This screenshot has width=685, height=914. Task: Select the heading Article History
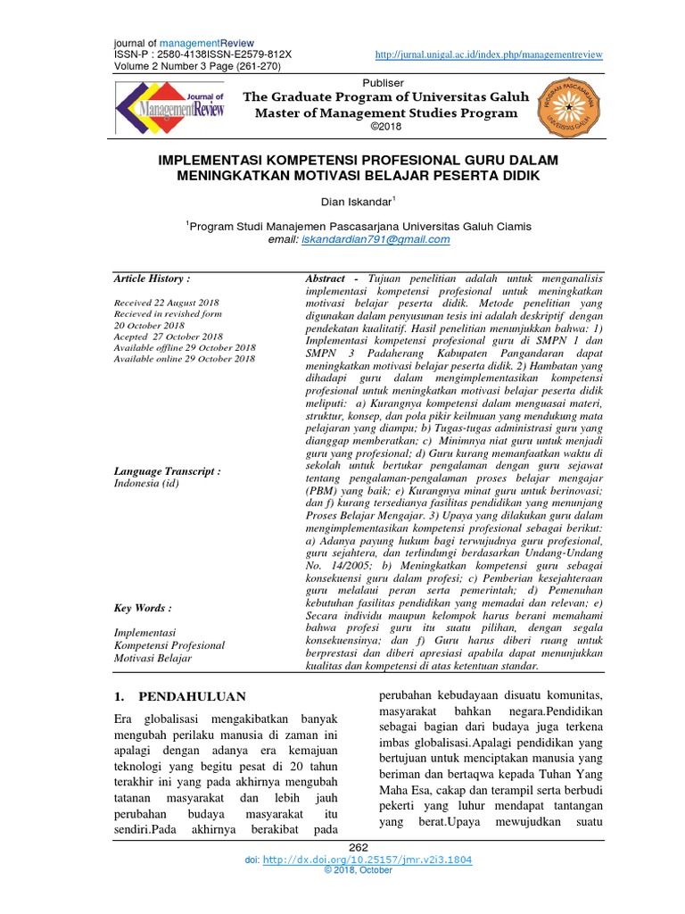(x=152, y=278)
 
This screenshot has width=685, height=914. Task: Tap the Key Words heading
(x=143, y=608)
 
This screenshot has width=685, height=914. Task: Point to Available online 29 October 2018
(x=185, y=358)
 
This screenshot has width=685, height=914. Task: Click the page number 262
(x=359, y=847)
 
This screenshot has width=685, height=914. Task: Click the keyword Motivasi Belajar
(x=153, y=658)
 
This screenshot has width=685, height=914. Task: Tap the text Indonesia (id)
(x=147, y=483)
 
